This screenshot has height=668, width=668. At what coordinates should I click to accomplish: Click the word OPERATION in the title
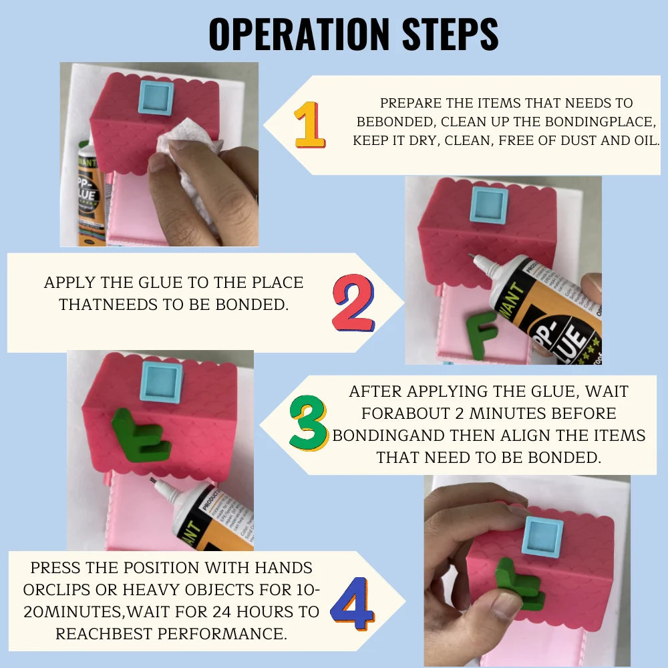299,34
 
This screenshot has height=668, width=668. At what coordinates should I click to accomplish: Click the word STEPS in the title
450,34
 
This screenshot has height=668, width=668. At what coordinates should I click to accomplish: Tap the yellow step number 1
310,125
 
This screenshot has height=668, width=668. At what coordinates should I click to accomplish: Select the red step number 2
353,303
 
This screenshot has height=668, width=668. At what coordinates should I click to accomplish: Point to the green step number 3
309,423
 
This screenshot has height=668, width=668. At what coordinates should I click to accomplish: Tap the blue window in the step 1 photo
156,98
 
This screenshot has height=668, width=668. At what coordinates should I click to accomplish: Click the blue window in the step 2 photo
489,205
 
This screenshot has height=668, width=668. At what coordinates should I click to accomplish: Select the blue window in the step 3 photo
162,382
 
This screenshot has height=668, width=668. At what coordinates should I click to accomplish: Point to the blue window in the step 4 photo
542,537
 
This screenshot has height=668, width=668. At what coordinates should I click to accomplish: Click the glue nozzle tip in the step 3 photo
152,480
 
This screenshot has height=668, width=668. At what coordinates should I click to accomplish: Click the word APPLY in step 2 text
70,283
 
